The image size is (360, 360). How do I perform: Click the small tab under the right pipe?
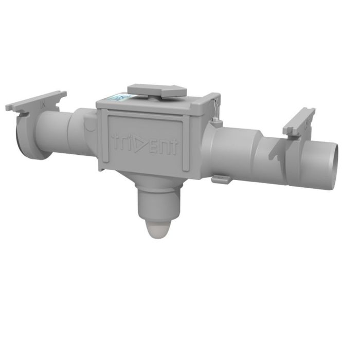click(x=221, y=179)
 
